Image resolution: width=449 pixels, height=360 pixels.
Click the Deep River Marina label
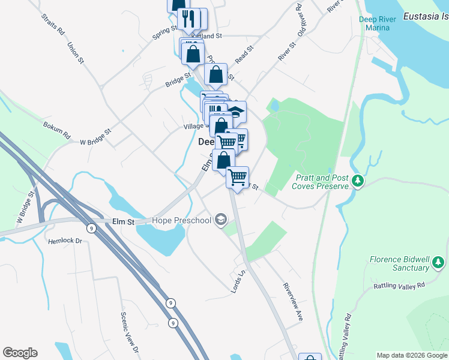click(x=378, y=23)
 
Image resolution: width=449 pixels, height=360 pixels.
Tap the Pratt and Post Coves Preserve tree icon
click(x=358, y=180)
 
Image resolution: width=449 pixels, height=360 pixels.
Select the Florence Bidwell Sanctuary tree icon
click(x=439, y=262)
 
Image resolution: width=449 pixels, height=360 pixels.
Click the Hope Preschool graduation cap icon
click(x=221, y=220)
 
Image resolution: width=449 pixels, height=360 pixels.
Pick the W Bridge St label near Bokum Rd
click(x=95, y=137)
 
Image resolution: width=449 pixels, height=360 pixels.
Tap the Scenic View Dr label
click(x=130, y=332)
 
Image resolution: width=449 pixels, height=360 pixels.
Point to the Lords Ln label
click(x=238, y=281)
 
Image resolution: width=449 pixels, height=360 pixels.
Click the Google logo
click(x=20, y=353)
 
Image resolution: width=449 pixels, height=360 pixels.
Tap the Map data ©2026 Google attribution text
click(x=411, y=355)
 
